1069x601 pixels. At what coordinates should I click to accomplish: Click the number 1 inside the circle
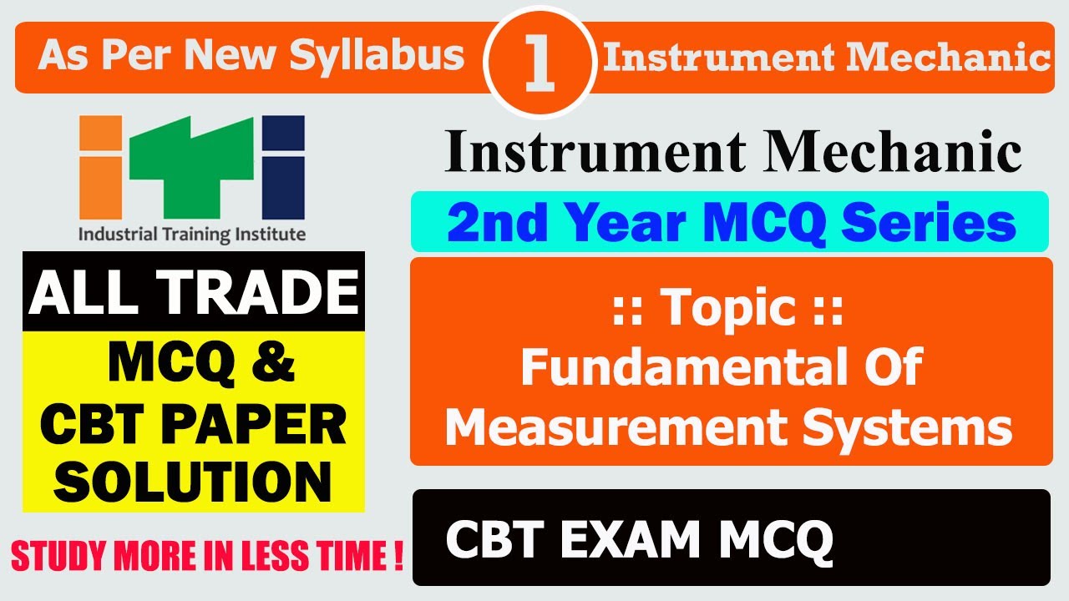540,65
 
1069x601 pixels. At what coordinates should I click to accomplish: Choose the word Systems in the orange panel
921,427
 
